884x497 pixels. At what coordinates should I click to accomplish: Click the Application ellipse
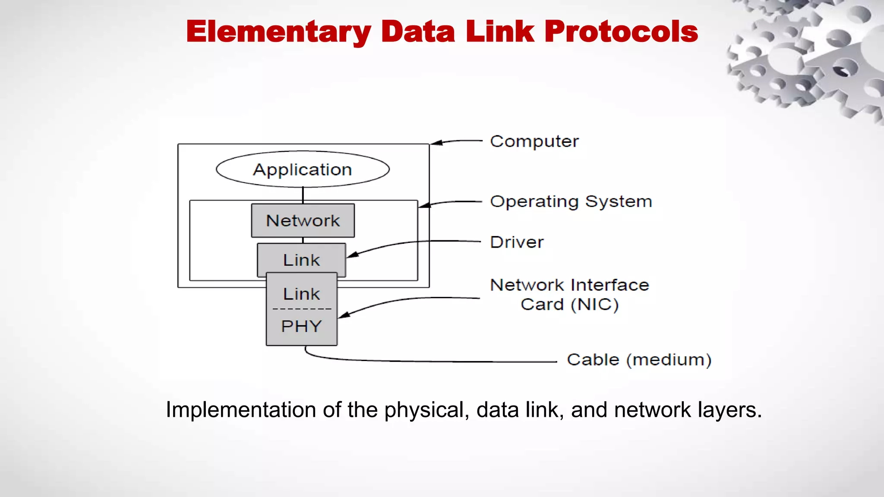point(303,169)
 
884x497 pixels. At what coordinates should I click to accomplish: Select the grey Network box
point(303,220)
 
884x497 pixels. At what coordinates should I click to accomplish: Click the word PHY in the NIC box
point(301,326)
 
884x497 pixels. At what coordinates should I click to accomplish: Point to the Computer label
point(534,142)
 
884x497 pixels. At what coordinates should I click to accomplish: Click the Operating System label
point(571,201)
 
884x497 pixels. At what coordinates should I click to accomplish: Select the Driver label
point(517,242)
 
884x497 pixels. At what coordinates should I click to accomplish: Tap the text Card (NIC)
point(569,305)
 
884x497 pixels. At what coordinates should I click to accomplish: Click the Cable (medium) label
point(639,360)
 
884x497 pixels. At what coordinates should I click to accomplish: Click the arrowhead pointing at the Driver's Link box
point(352,255)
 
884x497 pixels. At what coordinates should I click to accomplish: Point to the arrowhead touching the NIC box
point(344,315)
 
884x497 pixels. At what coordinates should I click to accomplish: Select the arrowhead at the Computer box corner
point(436,143)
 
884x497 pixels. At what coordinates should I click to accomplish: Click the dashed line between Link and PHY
point(302,309)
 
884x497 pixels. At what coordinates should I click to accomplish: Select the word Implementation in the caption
point(241,410)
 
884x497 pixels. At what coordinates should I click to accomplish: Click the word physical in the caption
point(423,410)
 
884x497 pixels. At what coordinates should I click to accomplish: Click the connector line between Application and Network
point(303,195)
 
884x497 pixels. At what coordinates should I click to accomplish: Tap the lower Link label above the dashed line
point(301,294)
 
